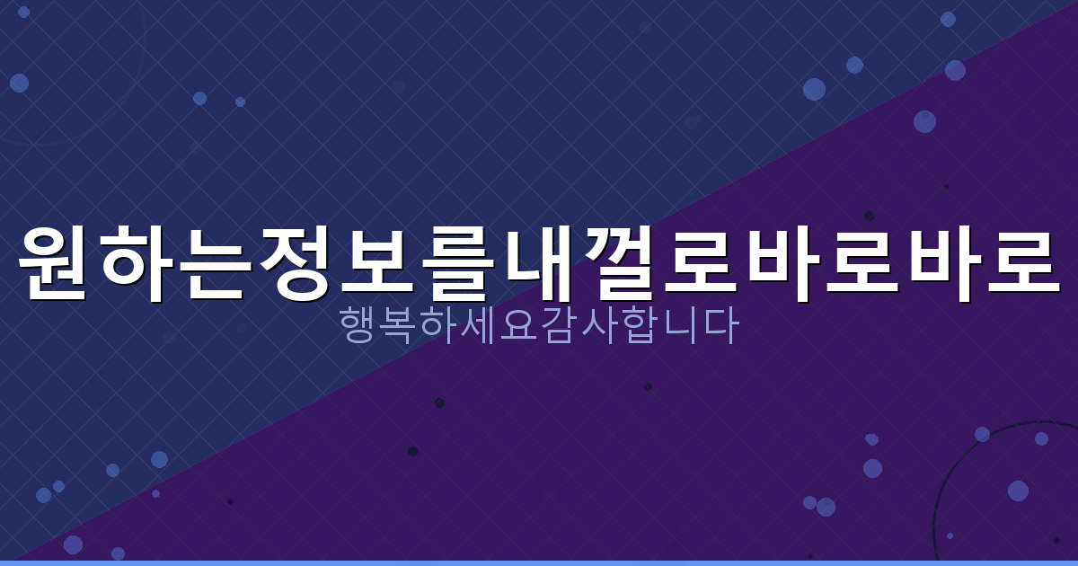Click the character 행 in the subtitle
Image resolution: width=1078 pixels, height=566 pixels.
point(360,327)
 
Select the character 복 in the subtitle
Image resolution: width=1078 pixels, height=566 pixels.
point(400,327)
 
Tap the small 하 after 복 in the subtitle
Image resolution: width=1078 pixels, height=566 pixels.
point(440,327)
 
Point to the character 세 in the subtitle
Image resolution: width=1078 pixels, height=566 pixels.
point(480,327)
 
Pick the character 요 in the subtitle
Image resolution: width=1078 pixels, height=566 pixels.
point(519,327)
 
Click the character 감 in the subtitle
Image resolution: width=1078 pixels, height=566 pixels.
point(559,327)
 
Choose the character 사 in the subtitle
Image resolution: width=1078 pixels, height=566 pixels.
point(599,327)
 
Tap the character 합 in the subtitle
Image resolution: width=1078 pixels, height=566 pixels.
point(639,327)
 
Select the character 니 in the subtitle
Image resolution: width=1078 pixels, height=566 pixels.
point(678,327)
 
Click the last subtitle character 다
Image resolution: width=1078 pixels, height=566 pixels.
point(719,327)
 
